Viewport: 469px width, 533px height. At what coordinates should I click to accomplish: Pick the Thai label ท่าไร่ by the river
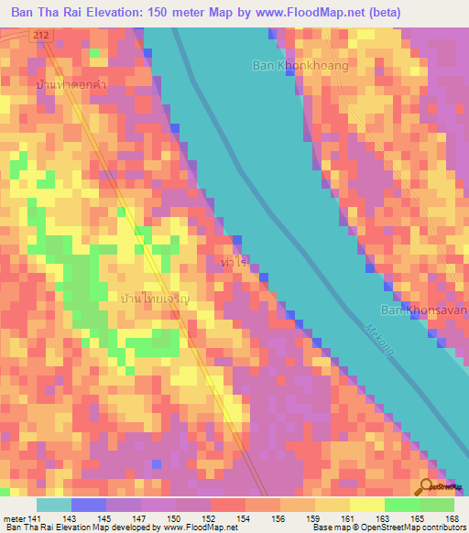pyautogui.click(x=235, y=262)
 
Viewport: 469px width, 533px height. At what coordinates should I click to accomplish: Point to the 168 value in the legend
pyautogui.click(x=452, y=518)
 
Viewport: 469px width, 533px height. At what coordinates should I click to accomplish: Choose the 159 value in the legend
pyautogui.click(x=312, y=518)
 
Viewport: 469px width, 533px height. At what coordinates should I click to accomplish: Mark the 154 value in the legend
pyautogui.click(x=245, y=518)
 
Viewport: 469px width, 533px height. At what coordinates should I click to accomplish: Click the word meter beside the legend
pyautogui.click(x=12, y=518)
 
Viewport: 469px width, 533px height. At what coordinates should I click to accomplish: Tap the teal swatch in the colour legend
pyautogui.click(x=53, y=505)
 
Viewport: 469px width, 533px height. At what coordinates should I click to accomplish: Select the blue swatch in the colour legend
pyautogui.click(x=88, y=505)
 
